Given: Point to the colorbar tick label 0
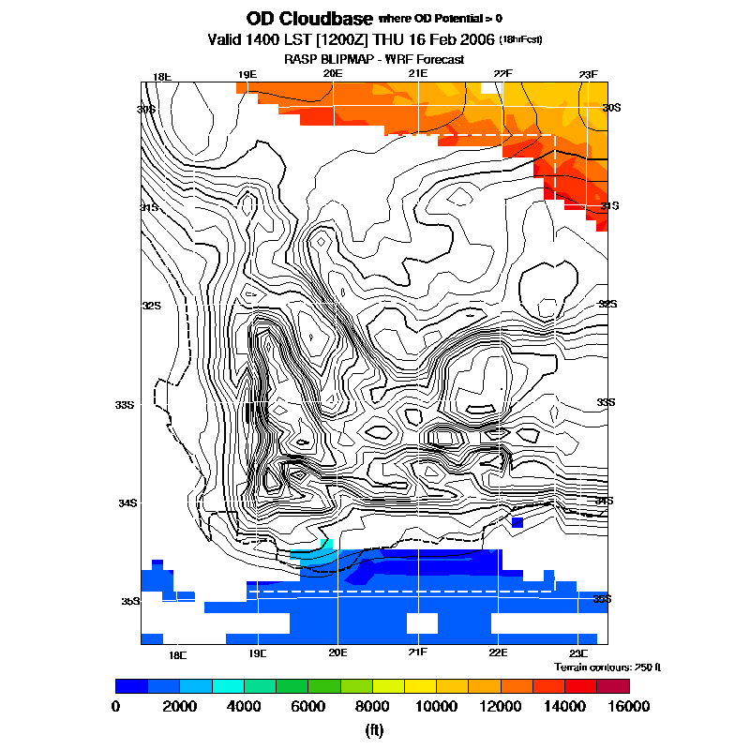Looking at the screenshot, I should coord(115,706).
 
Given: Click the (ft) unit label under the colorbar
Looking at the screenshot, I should coord(374,730).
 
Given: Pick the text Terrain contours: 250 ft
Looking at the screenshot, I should coord(607,667).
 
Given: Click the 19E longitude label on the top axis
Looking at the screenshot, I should coord(247,74).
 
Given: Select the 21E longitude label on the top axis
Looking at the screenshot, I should coord(418,74).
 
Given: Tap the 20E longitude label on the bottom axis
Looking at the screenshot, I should coord(337,652).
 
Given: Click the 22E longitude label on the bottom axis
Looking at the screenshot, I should coord(498,652).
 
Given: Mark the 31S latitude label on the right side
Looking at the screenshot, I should coord(609,205).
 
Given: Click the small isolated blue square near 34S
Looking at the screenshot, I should coord(517,521).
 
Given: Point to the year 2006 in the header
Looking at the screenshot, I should coord(473,40).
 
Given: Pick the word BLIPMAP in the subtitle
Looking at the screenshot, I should coord(351,59).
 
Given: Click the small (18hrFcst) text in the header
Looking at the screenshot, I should coord(521,40).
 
